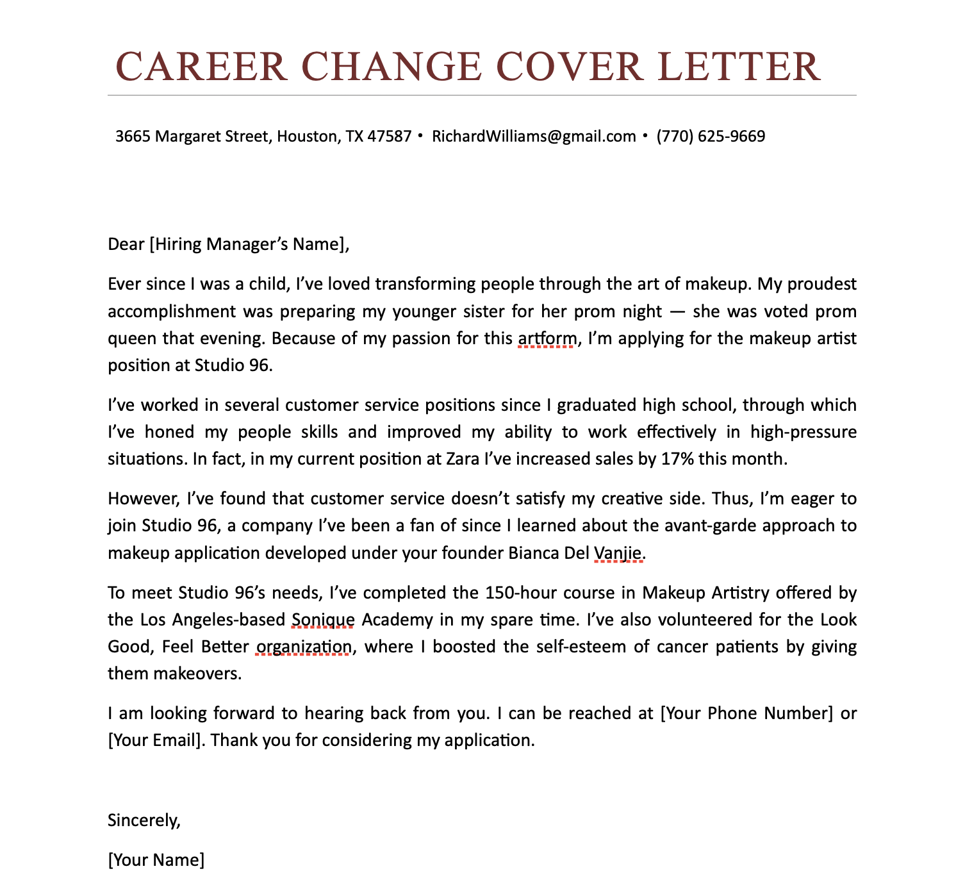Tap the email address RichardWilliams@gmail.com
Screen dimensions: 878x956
coord(534,137)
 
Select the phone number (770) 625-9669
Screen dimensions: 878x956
coord(711,137)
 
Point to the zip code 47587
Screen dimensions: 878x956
coord(390,137)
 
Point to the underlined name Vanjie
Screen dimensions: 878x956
coord(618,552)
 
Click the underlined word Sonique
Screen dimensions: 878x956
coord(323,620)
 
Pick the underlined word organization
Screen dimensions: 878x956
coord(303,647)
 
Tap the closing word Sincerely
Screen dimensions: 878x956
coord(144,820)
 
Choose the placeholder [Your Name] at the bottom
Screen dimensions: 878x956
coord(156,860)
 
